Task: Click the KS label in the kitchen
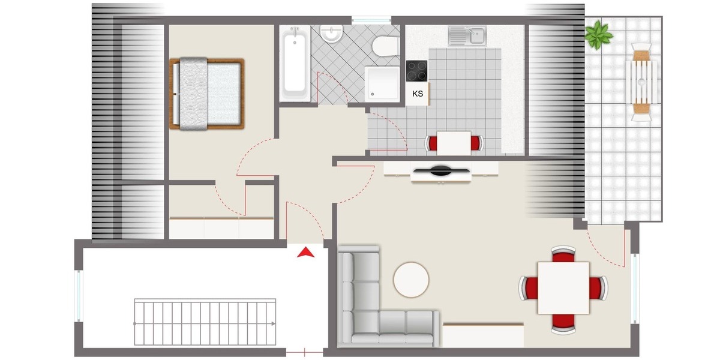pos(418,93)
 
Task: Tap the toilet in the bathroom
pos(384,47)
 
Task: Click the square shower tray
pos(382,82)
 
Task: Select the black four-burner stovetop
pos(417,71)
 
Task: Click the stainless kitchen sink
pos(467,35)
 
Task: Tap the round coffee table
pos(411,279)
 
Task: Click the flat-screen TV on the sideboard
pos(441,171)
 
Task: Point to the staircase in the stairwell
pos(206,322)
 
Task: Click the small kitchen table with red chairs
pos(454,143)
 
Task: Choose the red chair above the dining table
pos(563,254)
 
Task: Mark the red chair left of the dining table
pos(529,288)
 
